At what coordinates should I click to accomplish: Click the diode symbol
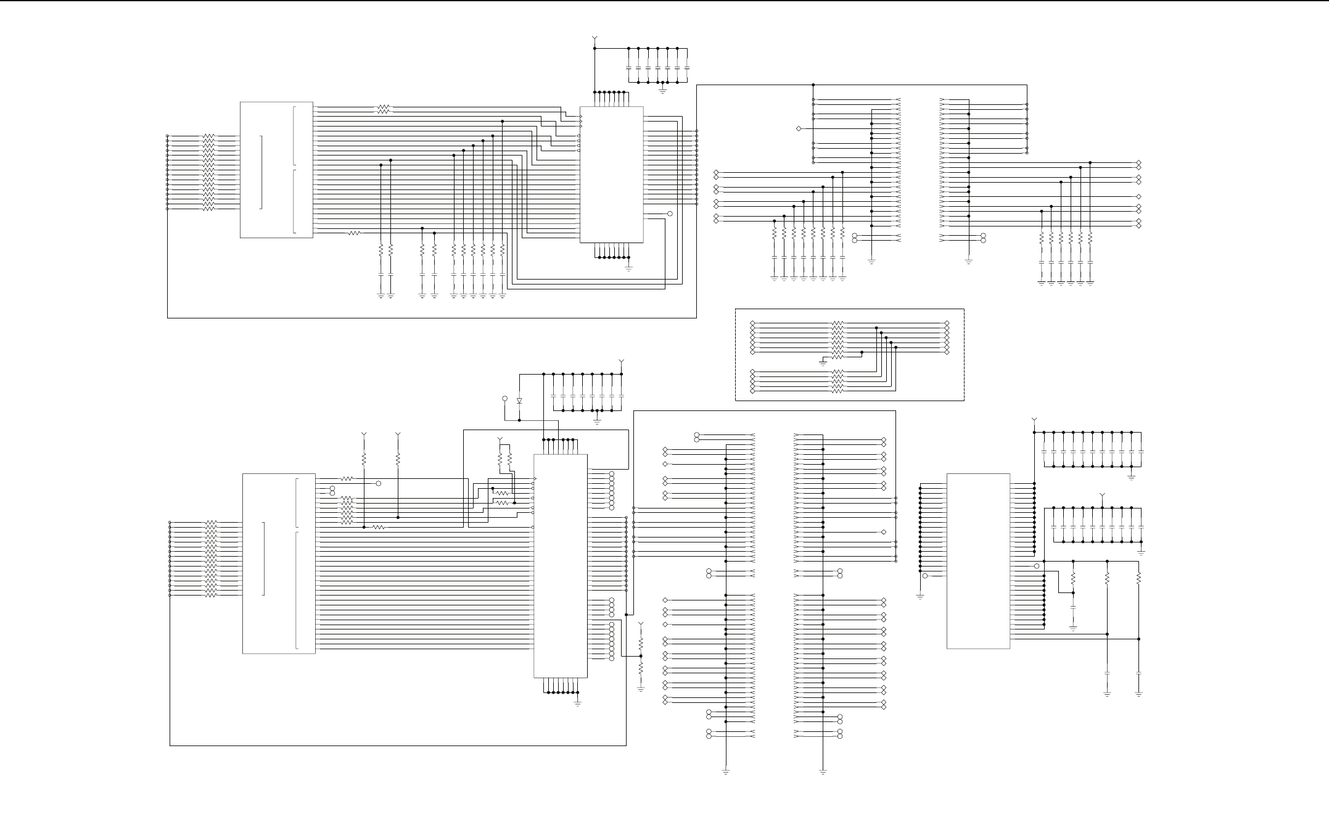click(x=519, y=401)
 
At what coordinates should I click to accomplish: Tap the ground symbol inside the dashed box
click(x=823, y=362)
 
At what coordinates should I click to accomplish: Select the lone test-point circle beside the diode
click(x=505, y=399)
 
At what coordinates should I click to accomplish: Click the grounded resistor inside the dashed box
click(x=837, y=352)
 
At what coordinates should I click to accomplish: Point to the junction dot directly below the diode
click(x=519, y=420)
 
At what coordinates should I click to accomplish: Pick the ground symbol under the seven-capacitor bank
click(x=662, y=90)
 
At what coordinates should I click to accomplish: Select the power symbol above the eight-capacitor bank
click(x=621, y=361)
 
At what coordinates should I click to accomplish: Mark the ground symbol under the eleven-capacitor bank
click(x=1131, y=476)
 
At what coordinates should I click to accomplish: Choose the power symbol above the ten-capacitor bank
click(x=1103, y=496)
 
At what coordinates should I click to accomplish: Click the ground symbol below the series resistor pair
click(x=641, y=688)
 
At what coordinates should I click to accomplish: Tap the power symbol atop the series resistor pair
click(x=641, y=625)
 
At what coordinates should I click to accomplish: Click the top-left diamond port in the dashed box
click(x=753, y=323)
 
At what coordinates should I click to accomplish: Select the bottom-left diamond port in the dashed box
click(x=753, y=391)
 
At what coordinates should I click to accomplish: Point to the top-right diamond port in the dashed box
click(x=947, y=323)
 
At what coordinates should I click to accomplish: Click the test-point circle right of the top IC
click(x=670, y=214)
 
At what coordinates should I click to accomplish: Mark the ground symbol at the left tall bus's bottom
click(x=726, y=771)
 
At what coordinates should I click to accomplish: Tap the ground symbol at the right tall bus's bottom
click(x=823, y=771)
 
